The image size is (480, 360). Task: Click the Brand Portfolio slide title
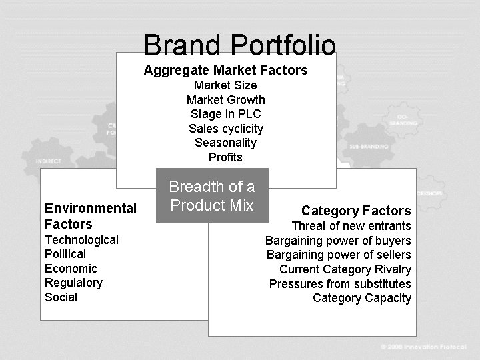pyautogui.click(x=239, y=45)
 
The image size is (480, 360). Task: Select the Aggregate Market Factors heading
pyautogui.click(x=225, y=70)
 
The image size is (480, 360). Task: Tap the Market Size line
pyautogui.click(x=225, y=85)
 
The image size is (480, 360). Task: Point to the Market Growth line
pyautogui.click(x=225, y=100)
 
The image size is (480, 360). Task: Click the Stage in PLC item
pyautogui.click(x=225, y=114)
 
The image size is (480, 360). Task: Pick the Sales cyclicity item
pyautogui.click(x=225, y=129)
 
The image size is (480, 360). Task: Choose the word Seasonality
pyautogui.click(x=225, y=143)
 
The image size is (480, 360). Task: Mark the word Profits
pyautogui.click(x=225, y=157)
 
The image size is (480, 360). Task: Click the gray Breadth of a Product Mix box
pyautogui.click(x=212, y=196)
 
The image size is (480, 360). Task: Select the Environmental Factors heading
pyautogui.click(x=90, y=216)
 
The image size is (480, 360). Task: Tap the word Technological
pyautogui.click(x=81, y=240)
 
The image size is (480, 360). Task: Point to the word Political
pyautogui.click(x=65, y=254)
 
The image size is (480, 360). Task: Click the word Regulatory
pyautogui.click(x=73, y=283)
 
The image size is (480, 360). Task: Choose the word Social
pyautogui.click(x=61, y=297)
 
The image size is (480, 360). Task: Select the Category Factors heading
pyautogui.click(x=356, y=211)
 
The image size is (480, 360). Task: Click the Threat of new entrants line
pyautogui.click(x=351, y=226)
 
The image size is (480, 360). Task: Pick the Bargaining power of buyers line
pyautogui.click(x=338, y=241)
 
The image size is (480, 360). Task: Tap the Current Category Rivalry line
pyautogui.click(x=345, y=269)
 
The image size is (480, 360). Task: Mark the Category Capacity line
pyautogui.click(x=362, y=298)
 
